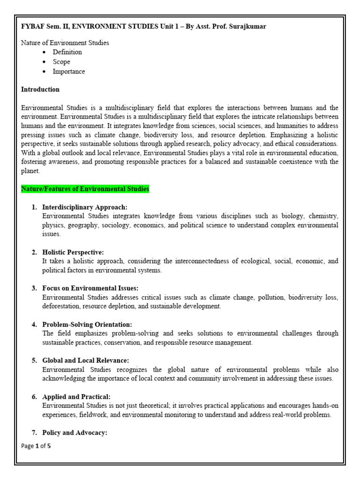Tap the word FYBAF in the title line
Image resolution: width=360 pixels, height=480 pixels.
tap(33, 26)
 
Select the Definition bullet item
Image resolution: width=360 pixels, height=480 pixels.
tap(67, 52)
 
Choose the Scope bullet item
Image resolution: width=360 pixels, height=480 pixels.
tap(61, 62)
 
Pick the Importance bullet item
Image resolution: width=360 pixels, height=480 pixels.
tap(69, 72)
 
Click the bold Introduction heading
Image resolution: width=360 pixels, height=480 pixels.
tap(40, 89)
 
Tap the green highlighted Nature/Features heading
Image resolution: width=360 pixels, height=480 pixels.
tap(85, 189)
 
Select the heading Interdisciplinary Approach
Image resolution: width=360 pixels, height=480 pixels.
tap(85, 207)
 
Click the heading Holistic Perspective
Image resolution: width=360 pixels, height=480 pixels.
tap(73, 252)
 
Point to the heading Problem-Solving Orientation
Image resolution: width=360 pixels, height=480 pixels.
tap(87, 324)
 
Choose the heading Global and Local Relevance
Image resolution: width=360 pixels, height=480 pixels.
tap(85, 360)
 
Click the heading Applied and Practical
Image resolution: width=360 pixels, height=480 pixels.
tap(76, 397)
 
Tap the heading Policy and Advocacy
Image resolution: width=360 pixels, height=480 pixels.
tap(75, 433)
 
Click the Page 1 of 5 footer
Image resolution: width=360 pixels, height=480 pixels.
tap(36, 446)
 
